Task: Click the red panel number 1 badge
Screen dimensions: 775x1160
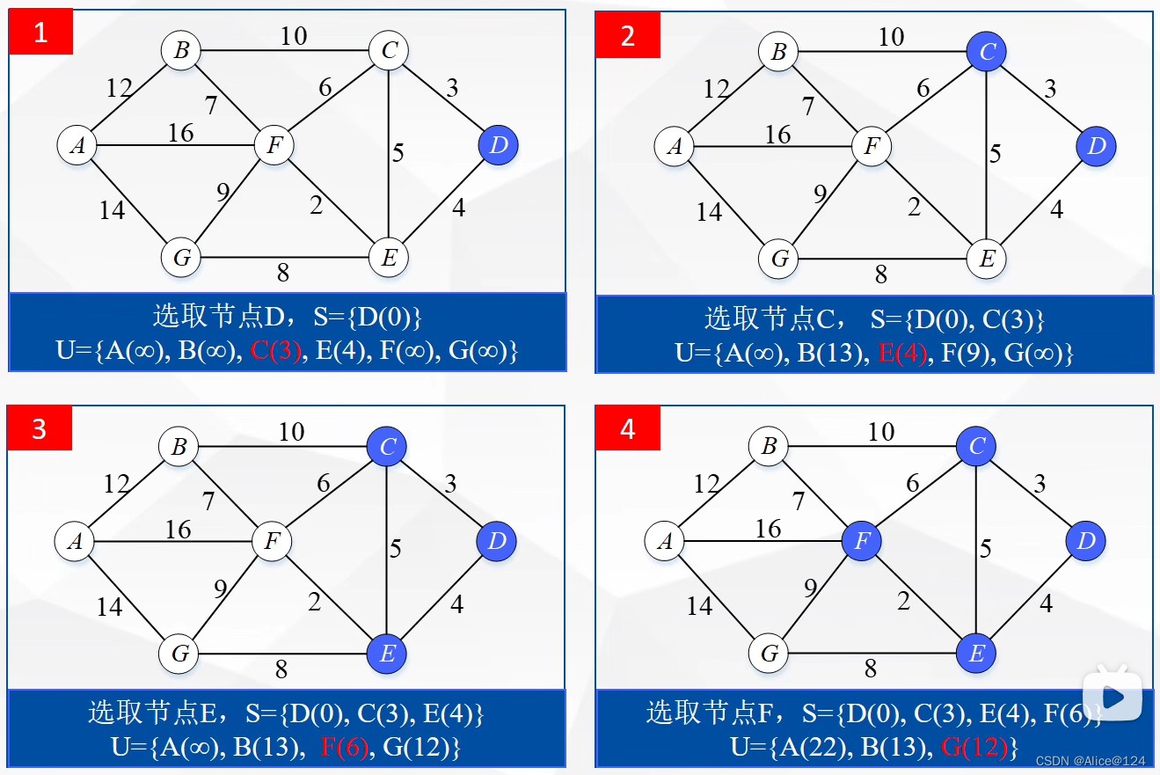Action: coord(40,33)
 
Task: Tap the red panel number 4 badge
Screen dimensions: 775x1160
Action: coord(627,429)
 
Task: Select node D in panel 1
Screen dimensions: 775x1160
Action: coord(499,145)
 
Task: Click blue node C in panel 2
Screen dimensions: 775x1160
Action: coord(987,52)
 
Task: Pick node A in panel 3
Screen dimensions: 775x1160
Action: coord(75,541)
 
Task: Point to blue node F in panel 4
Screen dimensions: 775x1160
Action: coord(862,541)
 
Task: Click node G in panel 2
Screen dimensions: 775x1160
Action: coord(779,260)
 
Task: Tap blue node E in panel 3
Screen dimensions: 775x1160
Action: coord(387,654)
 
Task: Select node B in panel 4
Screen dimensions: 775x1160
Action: coord(769,447)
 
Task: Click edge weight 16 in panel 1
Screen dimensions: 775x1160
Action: coord(180,133)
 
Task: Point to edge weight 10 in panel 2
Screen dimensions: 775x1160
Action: coord(891,37)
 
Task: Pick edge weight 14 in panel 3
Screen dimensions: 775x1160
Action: coord(109,606)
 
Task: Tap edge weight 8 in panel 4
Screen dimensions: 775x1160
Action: coord(871,669)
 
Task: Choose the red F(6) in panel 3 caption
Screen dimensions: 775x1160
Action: coord(344,748)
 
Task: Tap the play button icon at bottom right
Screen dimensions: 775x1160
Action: coord(1112,698)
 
